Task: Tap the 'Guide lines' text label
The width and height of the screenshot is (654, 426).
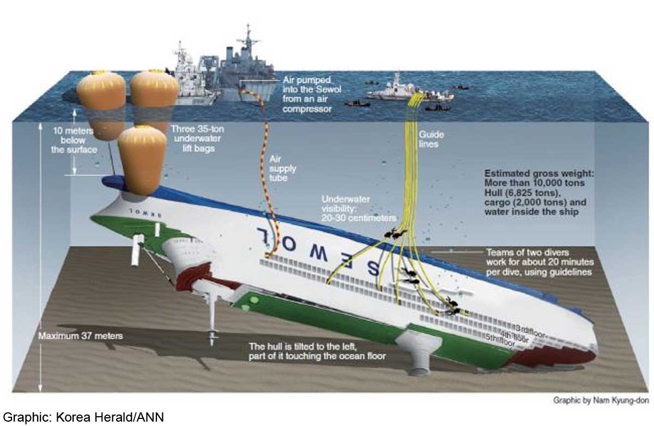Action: click(431, 139)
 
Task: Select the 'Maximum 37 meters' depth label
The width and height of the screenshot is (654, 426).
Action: click(81, 336)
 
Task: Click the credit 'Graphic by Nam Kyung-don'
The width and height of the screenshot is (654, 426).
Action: click(600, 400)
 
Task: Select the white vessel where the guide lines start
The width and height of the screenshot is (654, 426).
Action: click(409, 92)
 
